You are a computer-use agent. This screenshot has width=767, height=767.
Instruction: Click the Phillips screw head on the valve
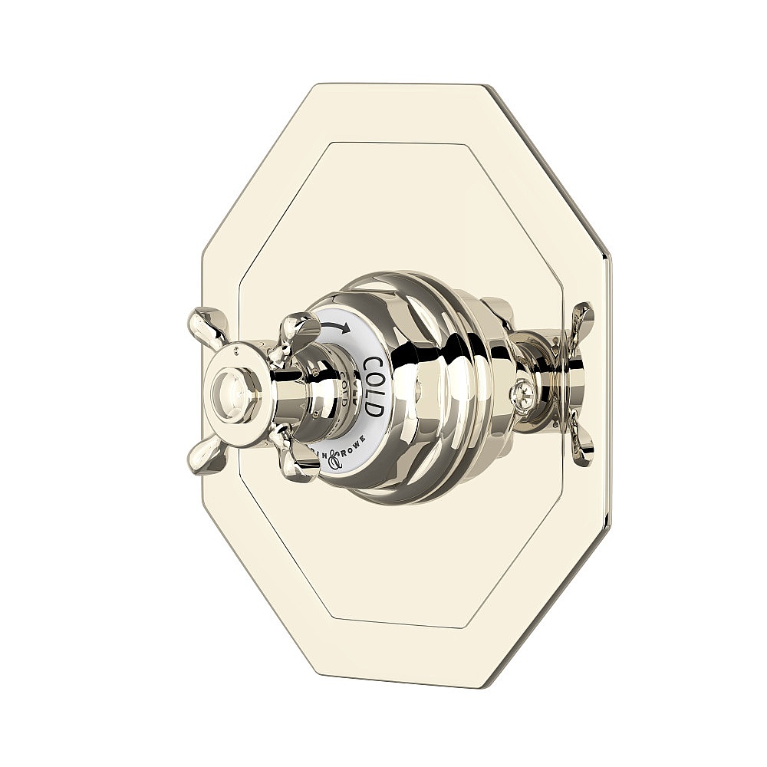pos(522,393)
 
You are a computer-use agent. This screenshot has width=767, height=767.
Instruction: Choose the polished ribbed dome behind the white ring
pos(430,383)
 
